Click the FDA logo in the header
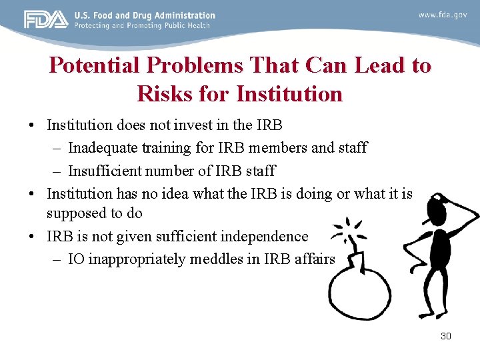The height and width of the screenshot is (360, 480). [x=46, y=19]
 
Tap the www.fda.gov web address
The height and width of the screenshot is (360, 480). [x=443, y=15]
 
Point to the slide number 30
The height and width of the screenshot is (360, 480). [x=446, y=336]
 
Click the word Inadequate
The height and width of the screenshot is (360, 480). [x=104, y=147]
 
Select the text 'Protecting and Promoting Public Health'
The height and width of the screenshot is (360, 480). [x=142, y=25]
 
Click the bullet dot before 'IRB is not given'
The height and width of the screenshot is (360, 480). [x=31, y=237]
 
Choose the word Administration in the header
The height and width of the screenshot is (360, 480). [x=187, y=15]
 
